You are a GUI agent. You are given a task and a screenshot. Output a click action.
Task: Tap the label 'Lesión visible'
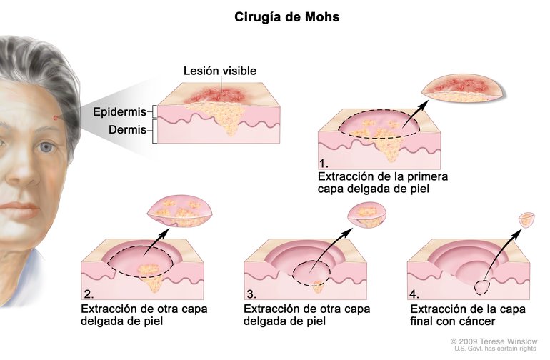[x=220, y=71]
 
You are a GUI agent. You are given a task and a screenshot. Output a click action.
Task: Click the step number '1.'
[x=326, y=163]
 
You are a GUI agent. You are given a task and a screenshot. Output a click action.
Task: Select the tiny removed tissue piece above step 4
[x=526, y=219]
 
